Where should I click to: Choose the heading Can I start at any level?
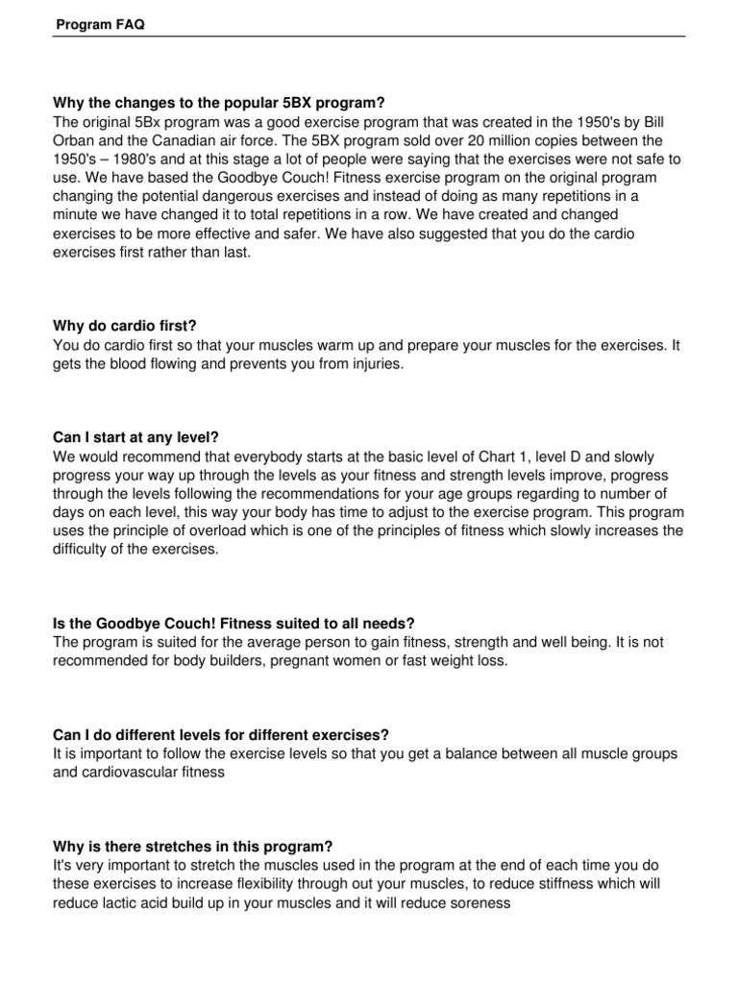[x=144, y=436]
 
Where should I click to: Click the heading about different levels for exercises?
[x=230, y=734]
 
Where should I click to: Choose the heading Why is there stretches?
[x=193, y=846]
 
